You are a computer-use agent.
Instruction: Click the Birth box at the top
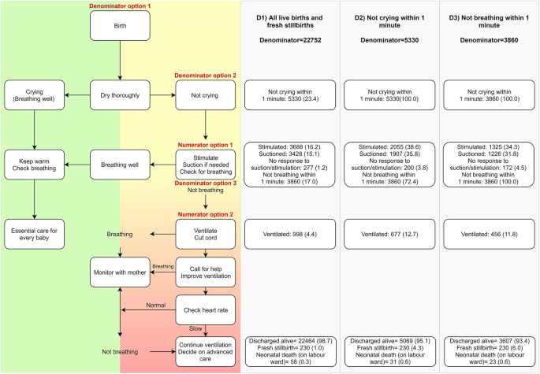click(x=119, y=26)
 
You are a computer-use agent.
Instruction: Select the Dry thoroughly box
click(x=119, y=94)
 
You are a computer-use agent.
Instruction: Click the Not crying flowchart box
click(x=205, y=94)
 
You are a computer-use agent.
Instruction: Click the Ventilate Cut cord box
click(x=205, y=232)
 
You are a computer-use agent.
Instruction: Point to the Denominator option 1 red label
click(x=119, y=5)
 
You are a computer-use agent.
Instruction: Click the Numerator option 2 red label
click(x=205, y=214)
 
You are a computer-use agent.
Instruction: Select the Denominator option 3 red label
click(x=205, y=183)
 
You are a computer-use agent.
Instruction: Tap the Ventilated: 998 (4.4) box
click(x=291, y=233)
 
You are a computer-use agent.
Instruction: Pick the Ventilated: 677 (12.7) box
click(x=389, y=233)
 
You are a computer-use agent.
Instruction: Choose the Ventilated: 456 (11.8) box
click(x=488, y=233)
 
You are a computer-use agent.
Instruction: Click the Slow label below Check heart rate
click(x=196, y=328)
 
